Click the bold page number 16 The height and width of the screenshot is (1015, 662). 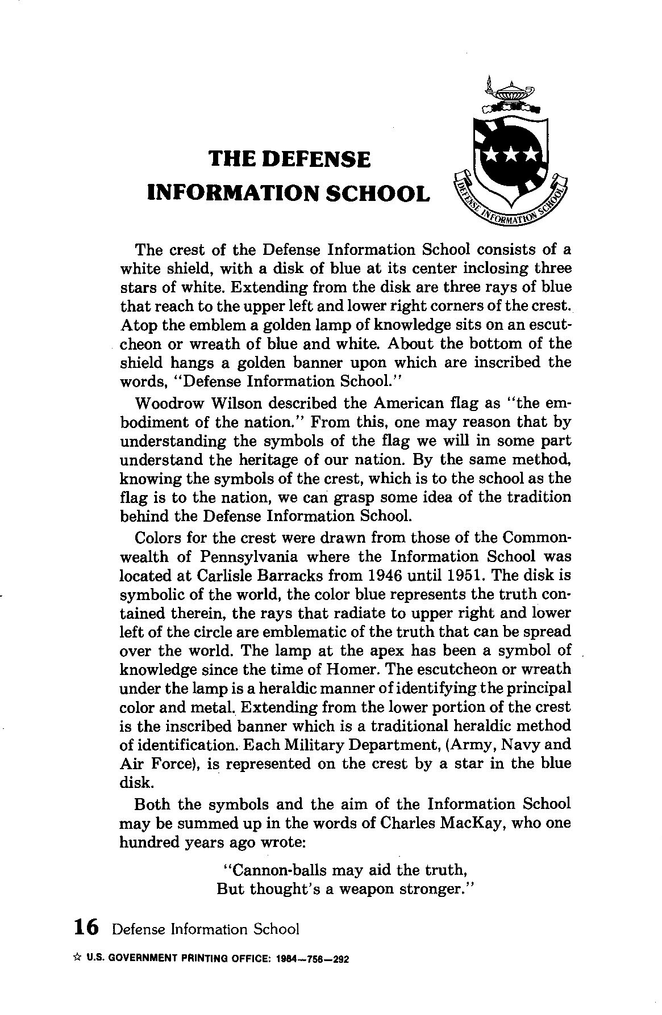(x=86, y=927)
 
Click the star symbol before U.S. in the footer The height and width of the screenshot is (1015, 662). (x=77, y=958)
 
